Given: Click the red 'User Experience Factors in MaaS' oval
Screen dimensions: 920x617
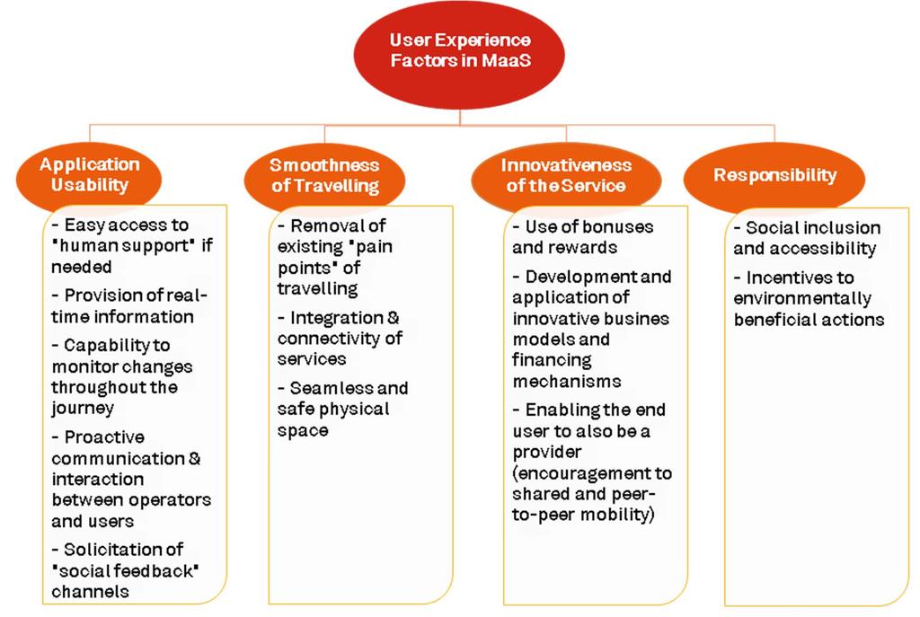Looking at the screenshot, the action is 459,55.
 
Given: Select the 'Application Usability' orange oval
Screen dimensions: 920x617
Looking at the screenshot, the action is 89,176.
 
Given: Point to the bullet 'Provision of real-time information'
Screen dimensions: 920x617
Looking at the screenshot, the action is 129,305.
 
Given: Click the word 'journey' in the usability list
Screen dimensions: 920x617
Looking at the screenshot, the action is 83,409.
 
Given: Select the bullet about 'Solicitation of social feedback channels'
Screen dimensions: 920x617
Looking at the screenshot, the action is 125,570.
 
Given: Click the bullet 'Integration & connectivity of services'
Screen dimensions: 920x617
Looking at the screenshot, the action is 340,339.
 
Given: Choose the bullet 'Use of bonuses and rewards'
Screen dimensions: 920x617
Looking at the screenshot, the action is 582,237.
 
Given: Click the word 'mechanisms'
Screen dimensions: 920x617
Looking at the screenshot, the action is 567,381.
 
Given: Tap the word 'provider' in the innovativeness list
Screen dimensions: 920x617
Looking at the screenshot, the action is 547,452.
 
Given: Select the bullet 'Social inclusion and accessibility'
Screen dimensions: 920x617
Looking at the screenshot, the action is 807,238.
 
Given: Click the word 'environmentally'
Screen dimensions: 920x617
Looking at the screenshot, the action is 802,298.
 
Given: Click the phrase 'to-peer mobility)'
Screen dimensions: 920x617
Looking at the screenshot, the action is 583,515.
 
